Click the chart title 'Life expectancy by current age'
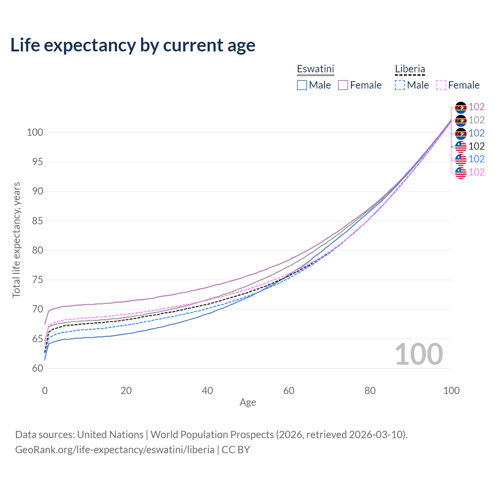point(133,45)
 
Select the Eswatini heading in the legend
point(315,69)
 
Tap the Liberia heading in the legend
point(410,69)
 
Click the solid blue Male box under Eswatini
point(302,85)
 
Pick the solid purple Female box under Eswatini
point(343,85)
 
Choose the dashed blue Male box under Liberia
point(400,85)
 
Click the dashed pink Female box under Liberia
point(441,85)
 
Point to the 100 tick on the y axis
point(35,132)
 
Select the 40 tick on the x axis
point(207,391)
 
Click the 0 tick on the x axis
point(45,391)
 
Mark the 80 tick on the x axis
point(370,391)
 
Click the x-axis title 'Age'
point(247,403)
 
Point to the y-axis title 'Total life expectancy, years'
point(16,240)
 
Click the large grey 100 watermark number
point(419,354)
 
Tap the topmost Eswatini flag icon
point(461,107)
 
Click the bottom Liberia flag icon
point(461,172)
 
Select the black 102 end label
point(476,146)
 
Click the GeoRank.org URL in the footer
point(115,450)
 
